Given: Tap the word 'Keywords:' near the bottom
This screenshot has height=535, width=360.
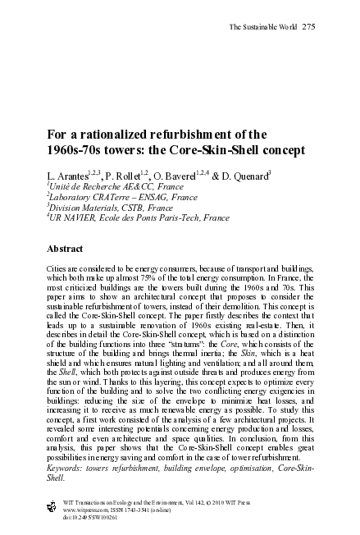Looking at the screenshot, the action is [67, 467].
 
